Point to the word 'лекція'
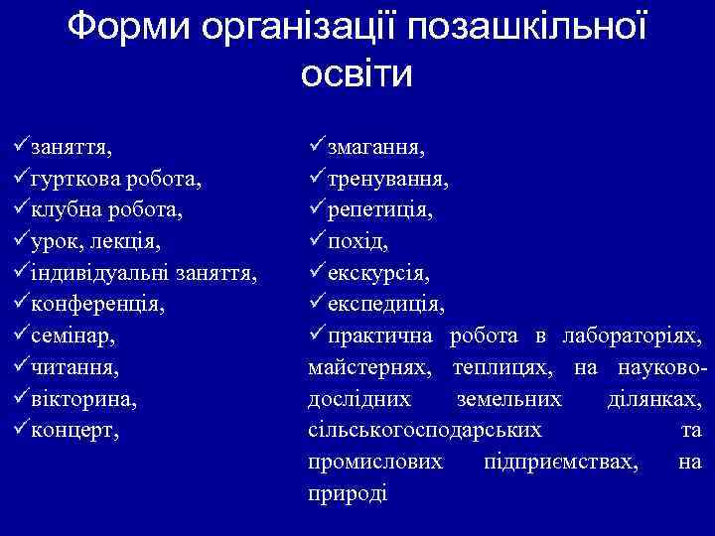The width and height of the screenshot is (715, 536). [122, 241]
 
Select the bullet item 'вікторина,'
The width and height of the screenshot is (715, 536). [83, 398]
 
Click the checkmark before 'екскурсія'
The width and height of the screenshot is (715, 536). [318, 271]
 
